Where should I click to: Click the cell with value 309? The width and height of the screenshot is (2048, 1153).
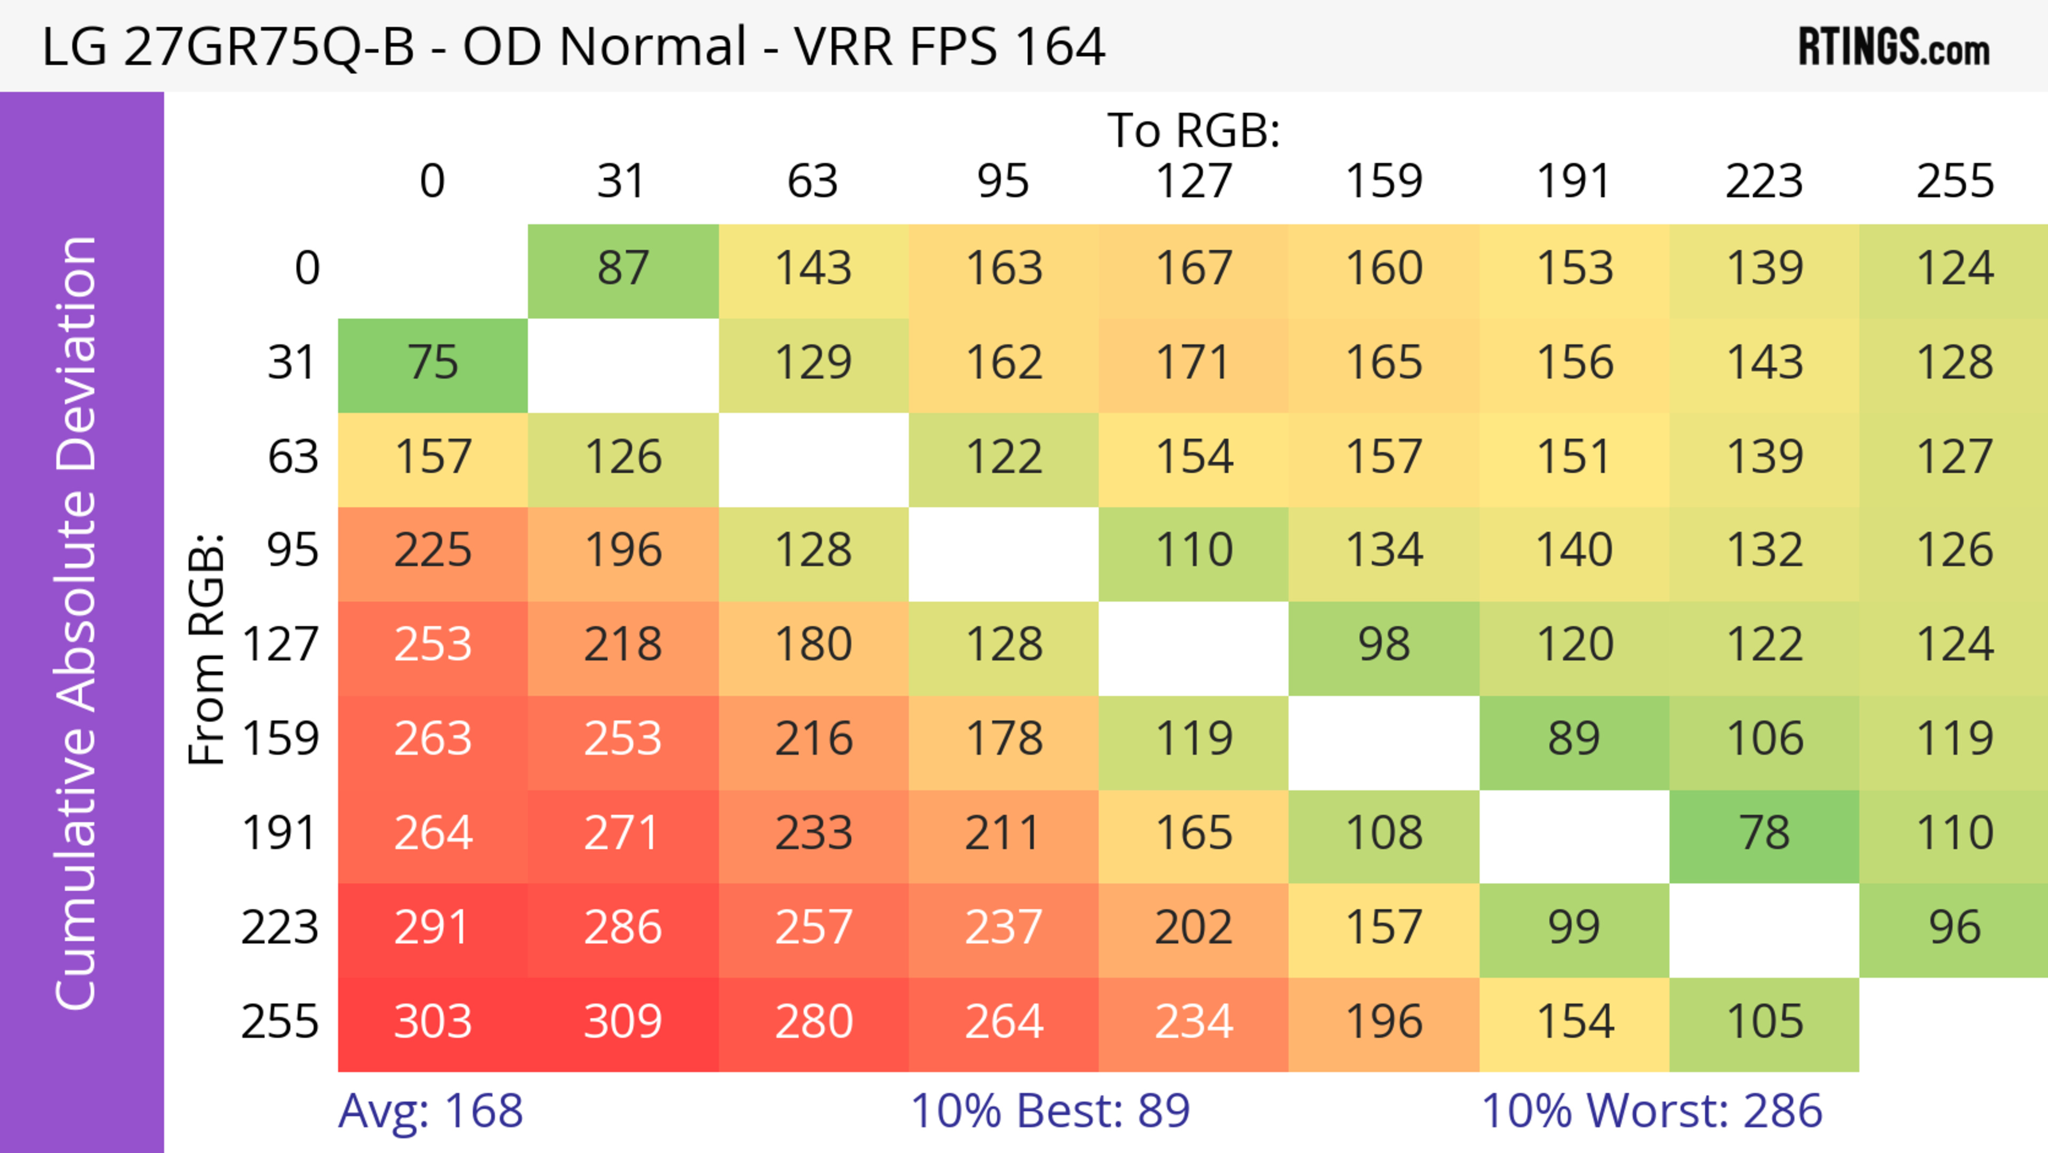click(622, 1022)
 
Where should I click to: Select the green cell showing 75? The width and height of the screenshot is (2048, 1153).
click(433, 363)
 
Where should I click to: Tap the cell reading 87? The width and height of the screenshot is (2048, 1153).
click(622, 269)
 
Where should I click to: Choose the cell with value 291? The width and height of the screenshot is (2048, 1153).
click(433, 928)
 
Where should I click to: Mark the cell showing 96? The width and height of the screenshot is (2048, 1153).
click(1954, 928)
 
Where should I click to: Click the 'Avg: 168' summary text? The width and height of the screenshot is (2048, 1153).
click(430, 1111)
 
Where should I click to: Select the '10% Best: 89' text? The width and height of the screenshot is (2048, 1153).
click(1050, 1111)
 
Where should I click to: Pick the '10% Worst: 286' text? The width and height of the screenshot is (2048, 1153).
click(1651, 1111)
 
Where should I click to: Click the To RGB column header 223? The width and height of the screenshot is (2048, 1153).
click(1764, 181)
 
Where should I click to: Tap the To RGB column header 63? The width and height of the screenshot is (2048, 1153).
click(812, 181)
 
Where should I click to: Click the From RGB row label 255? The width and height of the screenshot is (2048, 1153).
click(280, 1022)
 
